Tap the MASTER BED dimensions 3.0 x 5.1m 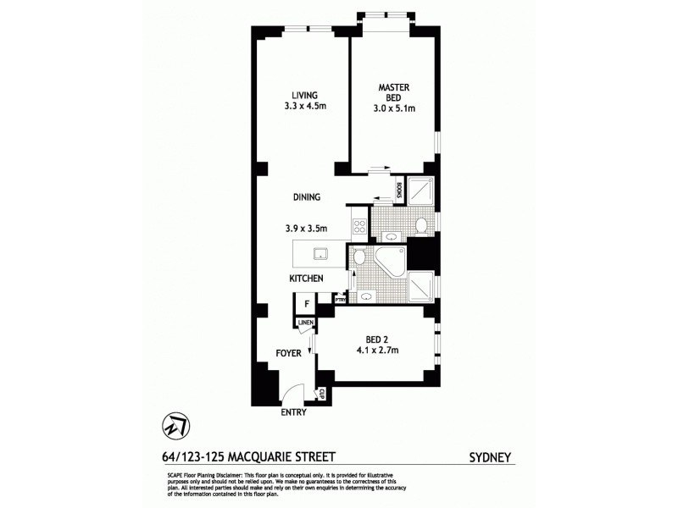pos(394,109)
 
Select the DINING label pos(306,197)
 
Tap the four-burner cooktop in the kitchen pos(358,226)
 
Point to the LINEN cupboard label pos(305,323)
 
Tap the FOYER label pos(287,353)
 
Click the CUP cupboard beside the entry pos(321,394)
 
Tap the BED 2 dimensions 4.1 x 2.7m pos(377,350)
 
